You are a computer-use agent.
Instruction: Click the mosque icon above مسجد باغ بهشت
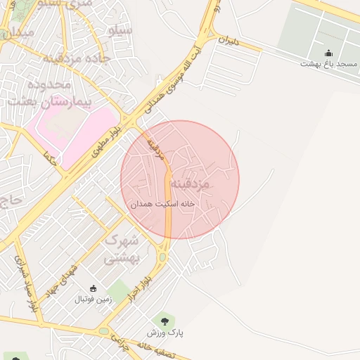328,53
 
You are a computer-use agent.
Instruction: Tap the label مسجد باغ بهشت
328,64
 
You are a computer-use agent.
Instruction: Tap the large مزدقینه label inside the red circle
210,184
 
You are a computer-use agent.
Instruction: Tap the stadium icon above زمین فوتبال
93,288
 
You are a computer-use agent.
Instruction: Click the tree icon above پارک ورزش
165,321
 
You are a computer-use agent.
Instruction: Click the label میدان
17,33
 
